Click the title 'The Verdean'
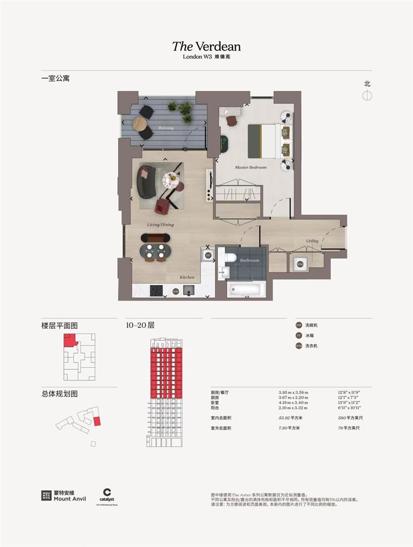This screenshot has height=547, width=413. (206, 47)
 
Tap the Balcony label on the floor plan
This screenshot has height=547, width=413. (165, 128)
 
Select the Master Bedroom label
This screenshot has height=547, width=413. (250, 167)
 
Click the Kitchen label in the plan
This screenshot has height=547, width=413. (187, 278)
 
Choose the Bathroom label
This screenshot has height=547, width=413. (249, 260)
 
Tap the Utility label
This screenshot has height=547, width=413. (312, 241)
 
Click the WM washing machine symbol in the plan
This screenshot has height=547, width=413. (300, 264)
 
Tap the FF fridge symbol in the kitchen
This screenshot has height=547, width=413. (208, 255)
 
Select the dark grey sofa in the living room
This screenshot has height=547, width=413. (147, 182)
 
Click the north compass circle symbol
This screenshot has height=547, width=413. (367, 95)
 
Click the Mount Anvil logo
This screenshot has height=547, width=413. (64, 495)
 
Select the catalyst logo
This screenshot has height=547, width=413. (107, 495)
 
